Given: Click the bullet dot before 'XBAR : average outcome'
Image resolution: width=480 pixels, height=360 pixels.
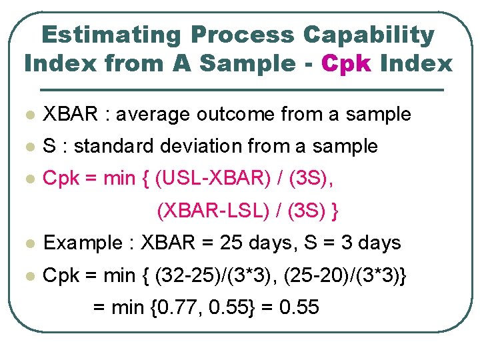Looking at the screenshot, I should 27,115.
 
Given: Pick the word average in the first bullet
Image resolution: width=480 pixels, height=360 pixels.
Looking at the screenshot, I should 157,115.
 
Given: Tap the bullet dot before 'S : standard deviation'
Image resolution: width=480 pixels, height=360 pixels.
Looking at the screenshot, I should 27,147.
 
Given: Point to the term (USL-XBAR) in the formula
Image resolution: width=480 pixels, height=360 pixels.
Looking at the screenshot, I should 206,179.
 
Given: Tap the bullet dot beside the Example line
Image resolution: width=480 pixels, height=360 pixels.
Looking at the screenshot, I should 27,244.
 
